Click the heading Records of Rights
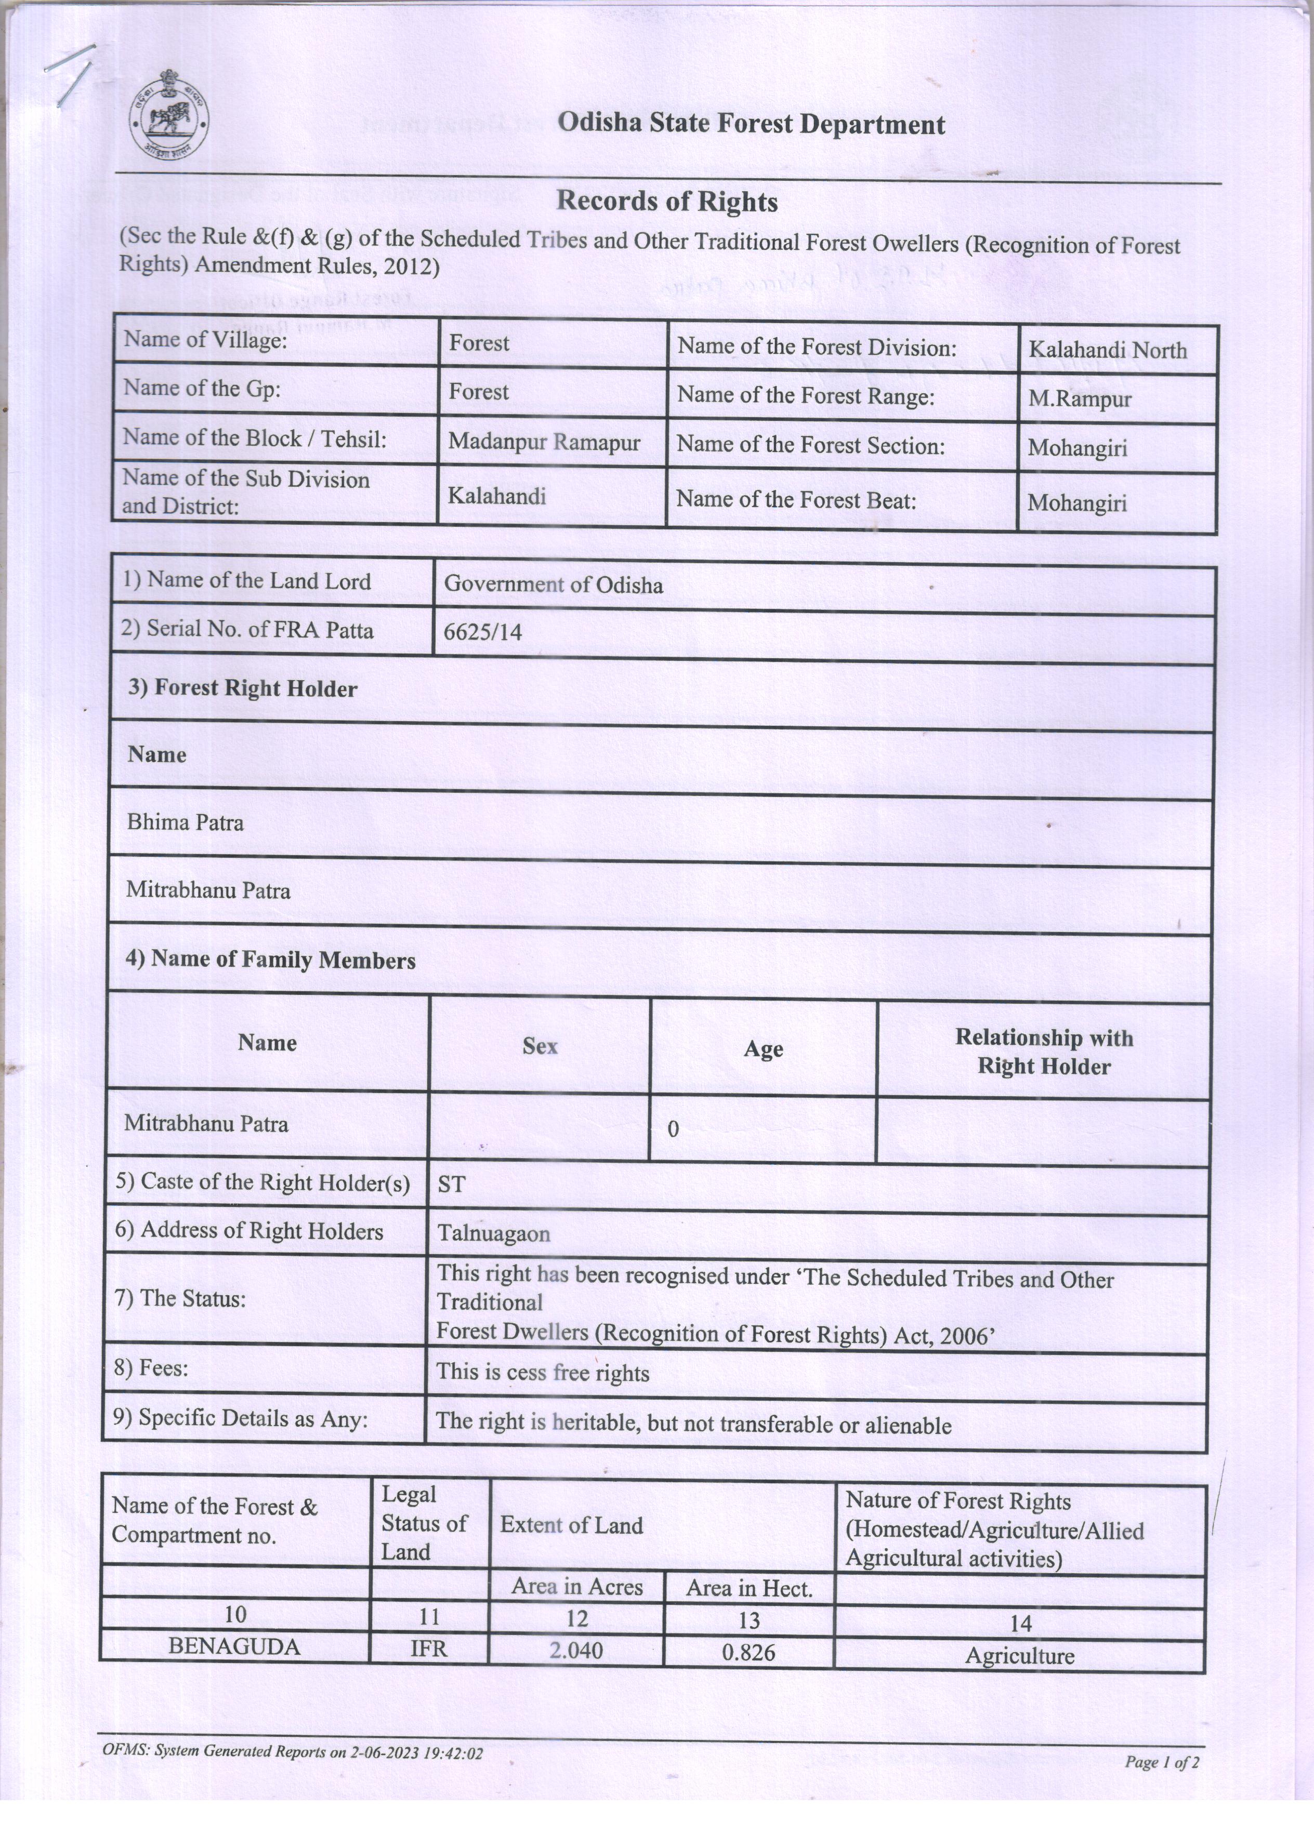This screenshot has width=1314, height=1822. point(666,202)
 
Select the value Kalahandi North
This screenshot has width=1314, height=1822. point(1108,350)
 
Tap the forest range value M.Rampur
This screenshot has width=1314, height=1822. point(1080,400)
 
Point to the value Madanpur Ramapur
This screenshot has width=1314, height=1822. point(544,443)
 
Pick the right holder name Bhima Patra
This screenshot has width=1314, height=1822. point(185,822)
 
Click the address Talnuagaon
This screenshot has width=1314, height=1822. point(493,1234)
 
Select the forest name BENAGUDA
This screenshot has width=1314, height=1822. point(234,1647)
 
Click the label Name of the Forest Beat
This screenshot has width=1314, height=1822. point(796,500)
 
